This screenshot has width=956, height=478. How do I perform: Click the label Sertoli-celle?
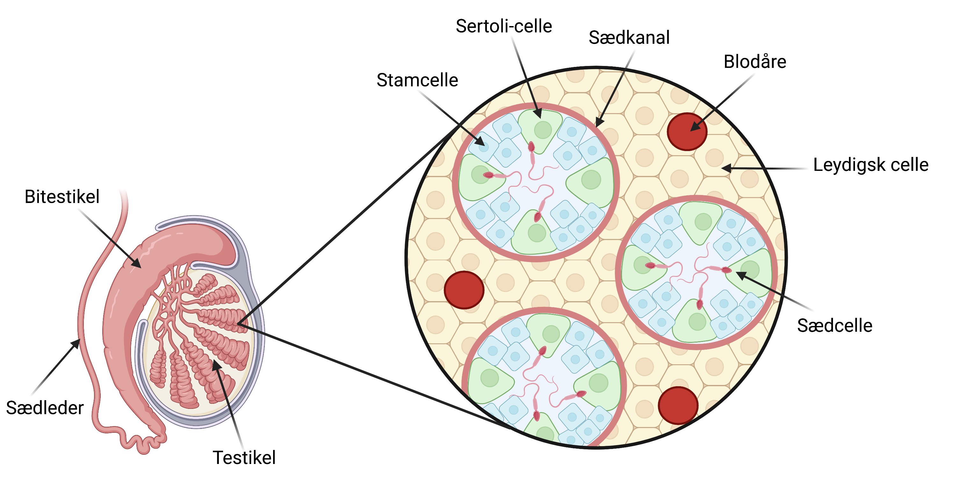[x=503, y=26]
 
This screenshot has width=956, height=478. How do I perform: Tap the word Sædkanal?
[x=629, y=38]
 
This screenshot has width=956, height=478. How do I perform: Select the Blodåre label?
[x=755, y=62]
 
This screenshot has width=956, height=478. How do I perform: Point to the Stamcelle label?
[x=417, y=80]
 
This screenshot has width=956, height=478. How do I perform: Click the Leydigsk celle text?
[x=871, y=165]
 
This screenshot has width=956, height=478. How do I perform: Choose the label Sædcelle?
[x=834, y=325]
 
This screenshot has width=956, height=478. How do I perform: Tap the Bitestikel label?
[x=62, y=197]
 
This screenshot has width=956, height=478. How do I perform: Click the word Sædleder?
[x=45, y=408]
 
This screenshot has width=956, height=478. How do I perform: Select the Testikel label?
[x=244, y=458]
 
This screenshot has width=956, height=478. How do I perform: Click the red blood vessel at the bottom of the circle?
[x=678, y=405]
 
